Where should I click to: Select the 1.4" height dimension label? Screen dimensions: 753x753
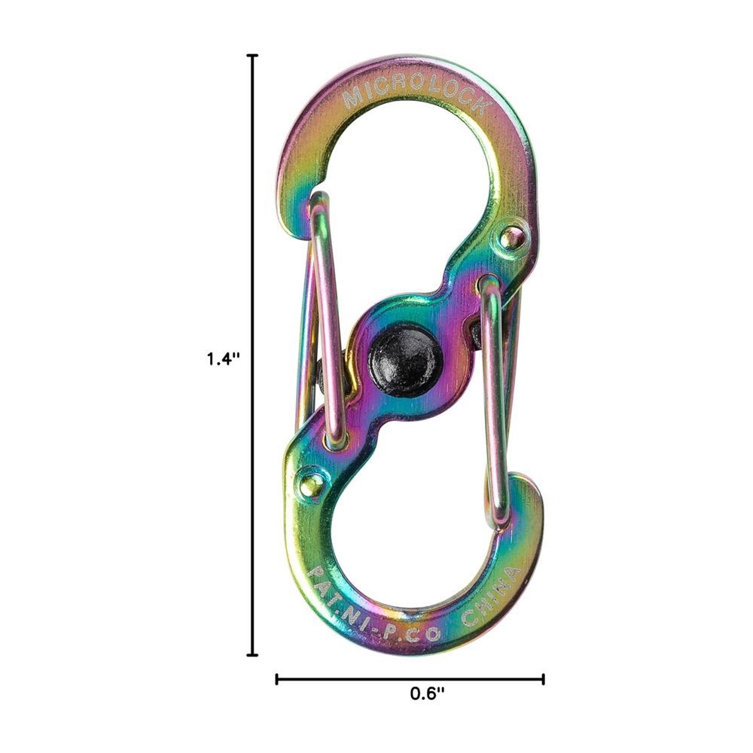(223, 358)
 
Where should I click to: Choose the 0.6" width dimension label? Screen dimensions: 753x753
(428, 694)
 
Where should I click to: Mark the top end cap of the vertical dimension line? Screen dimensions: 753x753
(252, 56)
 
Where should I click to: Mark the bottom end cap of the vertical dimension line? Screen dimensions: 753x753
(252, 654)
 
